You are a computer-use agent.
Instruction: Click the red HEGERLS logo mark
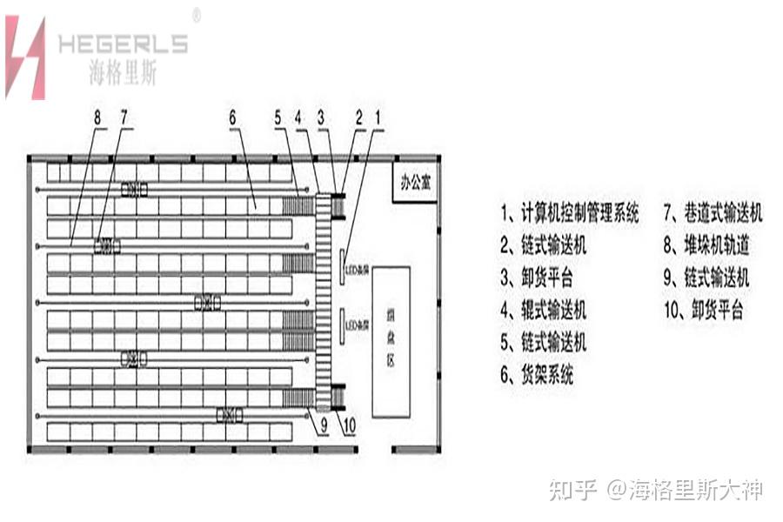pos(25,57)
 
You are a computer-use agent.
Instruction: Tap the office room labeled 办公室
pos(415,183)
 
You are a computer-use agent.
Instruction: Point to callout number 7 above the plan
pos(123,116)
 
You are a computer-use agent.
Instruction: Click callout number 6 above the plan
pos(232,116)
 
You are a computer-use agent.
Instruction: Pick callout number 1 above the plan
pos(377,116)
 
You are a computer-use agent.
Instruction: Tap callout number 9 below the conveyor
pos(323,426)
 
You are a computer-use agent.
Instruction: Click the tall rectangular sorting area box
pos(391,341)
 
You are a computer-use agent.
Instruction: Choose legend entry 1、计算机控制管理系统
pos(570,212)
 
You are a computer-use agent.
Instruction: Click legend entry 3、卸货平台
pos(537,278)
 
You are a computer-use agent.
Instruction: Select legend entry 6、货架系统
pos(537,375)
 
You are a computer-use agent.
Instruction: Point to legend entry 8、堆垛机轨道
pos(706,245)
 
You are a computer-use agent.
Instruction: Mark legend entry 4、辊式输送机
pos(544,310)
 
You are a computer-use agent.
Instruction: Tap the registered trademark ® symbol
pos(197,15)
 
